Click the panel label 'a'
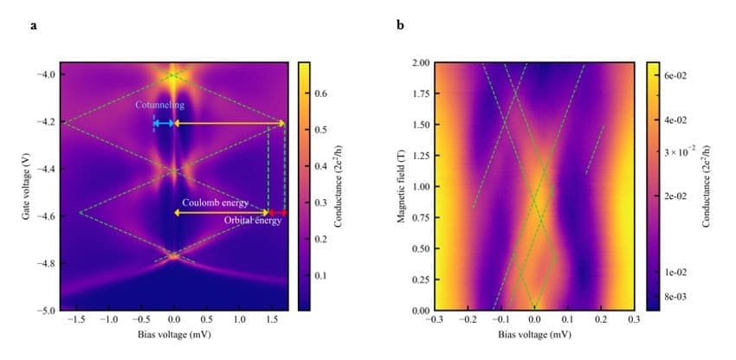(x=34, y=25)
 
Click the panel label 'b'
(x=400, y=25)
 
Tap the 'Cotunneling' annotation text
(x=159, y=106)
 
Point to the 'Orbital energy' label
(x=253, y=221)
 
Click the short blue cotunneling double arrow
(x=164, y=124)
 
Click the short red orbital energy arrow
(x=277, y=212)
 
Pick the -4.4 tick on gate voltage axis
(x=45, y=170)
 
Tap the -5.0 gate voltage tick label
(x=45, y=310)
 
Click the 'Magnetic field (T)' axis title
(x=401, y=186)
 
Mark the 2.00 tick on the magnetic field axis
(x=420, y=63)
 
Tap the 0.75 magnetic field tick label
(x=420, y=217)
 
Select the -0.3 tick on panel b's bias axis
(x=436, y=319)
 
